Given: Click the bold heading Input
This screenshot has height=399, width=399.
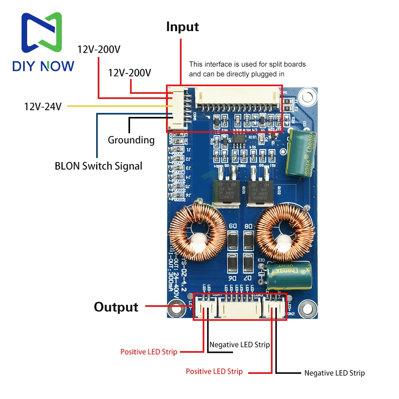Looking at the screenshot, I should tap(182, 27).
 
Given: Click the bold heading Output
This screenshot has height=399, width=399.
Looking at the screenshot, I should tap(116, 307).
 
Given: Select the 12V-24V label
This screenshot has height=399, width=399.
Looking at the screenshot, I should tap(43, 107).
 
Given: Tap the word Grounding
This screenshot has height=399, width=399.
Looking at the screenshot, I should tap(131, 140).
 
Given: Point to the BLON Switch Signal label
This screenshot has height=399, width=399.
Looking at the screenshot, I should tap(99, 166).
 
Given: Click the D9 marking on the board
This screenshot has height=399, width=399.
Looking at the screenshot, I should tap(233, 226).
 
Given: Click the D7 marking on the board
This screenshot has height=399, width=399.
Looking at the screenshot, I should tap(248, 277).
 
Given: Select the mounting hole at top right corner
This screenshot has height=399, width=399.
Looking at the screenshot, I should tap(307, 97).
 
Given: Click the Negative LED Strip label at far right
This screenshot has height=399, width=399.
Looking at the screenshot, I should tap(334, 373).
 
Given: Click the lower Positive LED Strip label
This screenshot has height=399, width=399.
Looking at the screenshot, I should tap(214, 371).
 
